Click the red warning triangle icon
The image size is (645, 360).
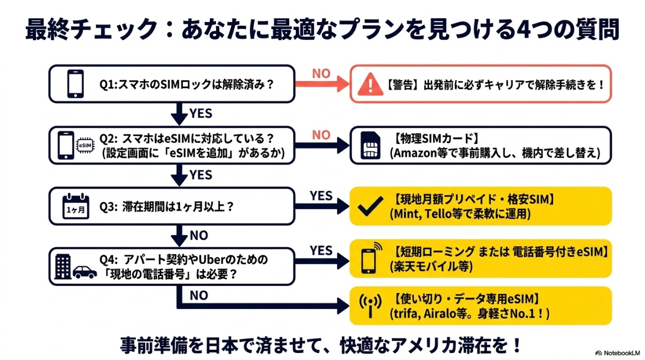(x=370, y=83)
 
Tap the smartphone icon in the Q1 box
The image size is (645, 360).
(x=75, y=83)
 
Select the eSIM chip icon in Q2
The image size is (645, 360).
(x=85, y=145)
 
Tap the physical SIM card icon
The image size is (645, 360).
(x=370, y=145)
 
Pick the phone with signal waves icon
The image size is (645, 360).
(x=370, y=258)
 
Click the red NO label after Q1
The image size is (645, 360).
(x=321, y=74)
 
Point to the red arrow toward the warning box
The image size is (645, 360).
(x=322, y=84)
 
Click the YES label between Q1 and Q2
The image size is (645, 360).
(x=200, y=113)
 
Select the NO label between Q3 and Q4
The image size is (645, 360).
(x=199, y=235)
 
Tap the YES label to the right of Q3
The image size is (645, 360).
(x=321, y=196)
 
